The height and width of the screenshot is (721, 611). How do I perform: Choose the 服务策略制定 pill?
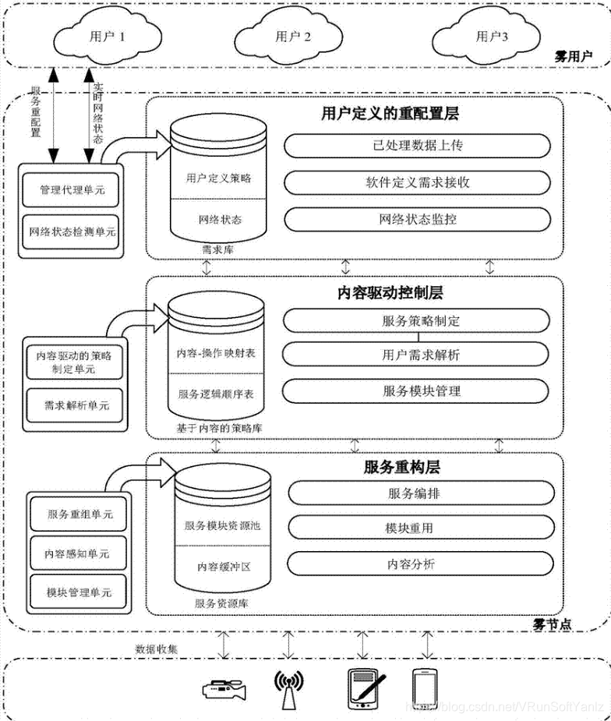click(x=421, y=320)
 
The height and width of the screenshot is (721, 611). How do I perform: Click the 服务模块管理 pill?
click(x=421, y=391)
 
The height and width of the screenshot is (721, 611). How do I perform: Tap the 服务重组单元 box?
click(x=79, y=514)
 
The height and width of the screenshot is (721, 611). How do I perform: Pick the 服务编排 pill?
click(x=421, y=493)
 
